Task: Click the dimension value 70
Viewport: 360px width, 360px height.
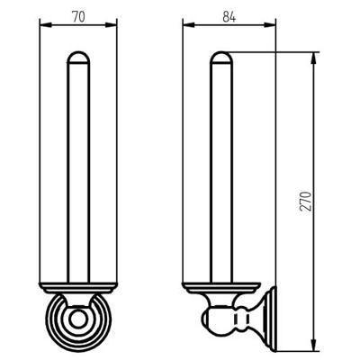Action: point(78,17)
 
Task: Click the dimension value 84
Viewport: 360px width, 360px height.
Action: point(229,17)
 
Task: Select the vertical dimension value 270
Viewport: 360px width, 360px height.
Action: point(306,201)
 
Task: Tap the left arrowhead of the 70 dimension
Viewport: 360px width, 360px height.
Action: point(46,25)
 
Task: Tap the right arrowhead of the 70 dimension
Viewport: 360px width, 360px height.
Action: point(111,25)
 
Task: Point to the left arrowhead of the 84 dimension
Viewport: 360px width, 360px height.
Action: point(189,25)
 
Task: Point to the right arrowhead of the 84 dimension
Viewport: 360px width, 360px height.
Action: point(269,25)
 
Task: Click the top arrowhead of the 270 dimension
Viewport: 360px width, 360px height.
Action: point(313,58)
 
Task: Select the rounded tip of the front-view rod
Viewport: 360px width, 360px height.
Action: point(78,58)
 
